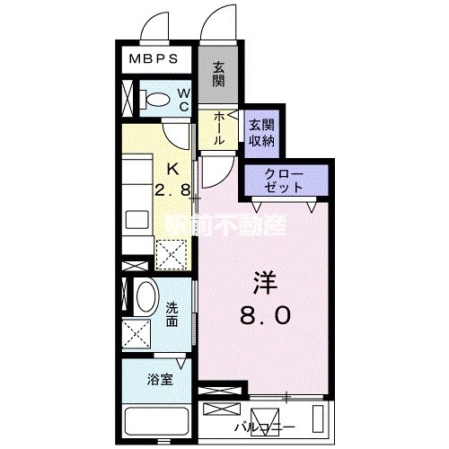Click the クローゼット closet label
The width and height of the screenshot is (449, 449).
pyautogui.click(x=285, y=180)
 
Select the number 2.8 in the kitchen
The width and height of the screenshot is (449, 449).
pyautogui.click(x=174, y=190)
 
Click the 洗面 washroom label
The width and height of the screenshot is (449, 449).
pyautogui.click(x=172, y=313)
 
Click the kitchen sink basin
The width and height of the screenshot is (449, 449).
pyautogui.click(x=139, y=219)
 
